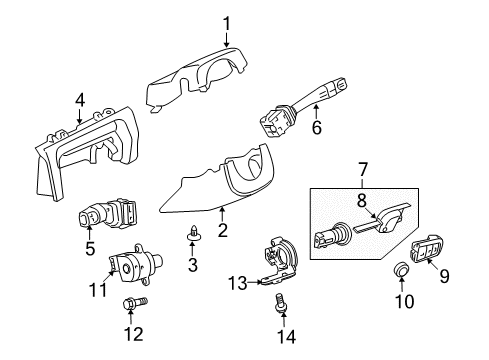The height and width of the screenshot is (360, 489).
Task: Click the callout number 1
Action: pos(227,22)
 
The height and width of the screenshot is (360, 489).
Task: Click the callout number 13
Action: pos(236,283)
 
